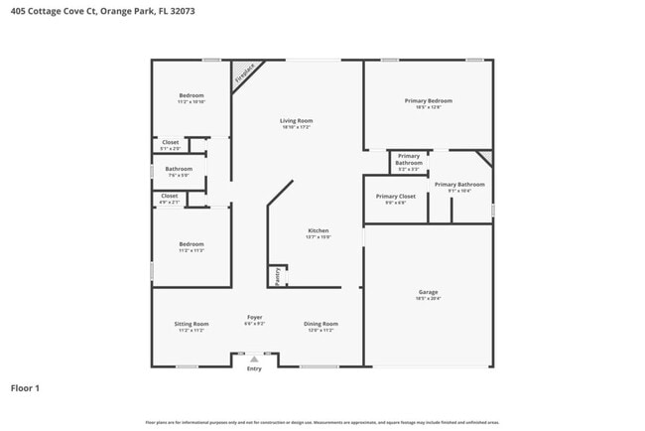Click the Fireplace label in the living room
tap(244, 72)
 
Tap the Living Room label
tap(297, 121)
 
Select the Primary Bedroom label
tap(429, 101)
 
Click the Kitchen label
tap(318, 230)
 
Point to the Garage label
tap(429, 292)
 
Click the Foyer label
tap(255, 317)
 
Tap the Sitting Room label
tap(192, 324)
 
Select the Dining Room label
tap(321, 324)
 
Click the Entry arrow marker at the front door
tap(255, 359)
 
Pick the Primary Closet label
tap(396, 197)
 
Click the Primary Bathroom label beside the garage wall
tap(459, 185)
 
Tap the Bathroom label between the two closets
tap(179, 169)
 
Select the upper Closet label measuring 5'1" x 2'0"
tap(171, 142)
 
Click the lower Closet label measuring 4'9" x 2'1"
tap(170, 196)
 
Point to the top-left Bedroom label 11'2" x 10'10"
tap(192, 95)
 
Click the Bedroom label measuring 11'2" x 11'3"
tap(192, 244)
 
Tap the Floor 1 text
tap(26, 388)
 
